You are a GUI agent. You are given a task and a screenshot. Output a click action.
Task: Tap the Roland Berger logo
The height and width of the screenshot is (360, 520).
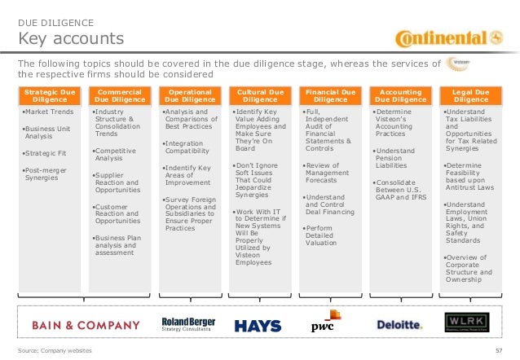[x=187, y=324]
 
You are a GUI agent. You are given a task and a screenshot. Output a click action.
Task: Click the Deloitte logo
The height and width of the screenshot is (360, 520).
[x=399, y=324]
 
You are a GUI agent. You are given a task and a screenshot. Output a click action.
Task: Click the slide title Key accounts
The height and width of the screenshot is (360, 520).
[x=71, y=39]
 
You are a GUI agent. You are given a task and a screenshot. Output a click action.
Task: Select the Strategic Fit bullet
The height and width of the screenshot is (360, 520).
[x=48, y=152]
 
